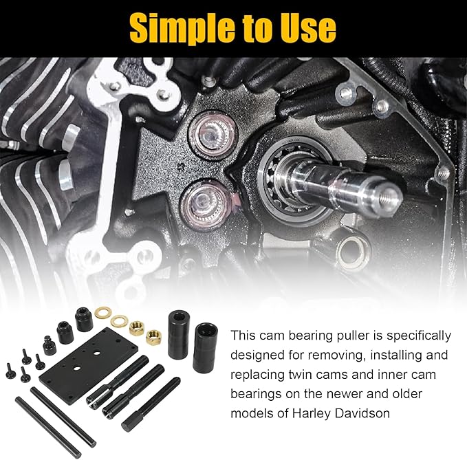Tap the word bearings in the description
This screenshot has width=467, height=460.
click(x=254, y=395)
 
